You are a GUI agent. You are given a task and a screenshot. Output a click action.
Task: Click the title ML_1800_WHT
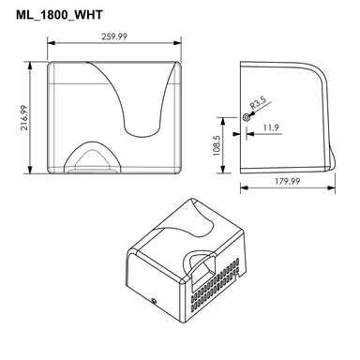(x=59, y=15)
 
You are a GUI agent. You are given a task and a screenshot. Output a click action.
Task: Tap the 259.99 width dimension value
(x=114, y=37)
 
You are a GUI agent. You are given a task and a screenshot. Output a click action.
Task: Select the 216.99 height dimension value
(x=24, y=117)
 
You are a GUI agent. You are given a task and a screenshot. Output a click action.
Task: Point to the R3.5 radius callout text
(x=257, y=103)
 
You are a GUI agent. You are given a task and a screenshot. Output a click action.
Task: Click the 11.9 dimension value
(x=271, y=127)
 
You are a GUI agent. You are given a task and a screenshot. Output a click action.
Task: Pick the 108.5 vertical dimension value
(x=217, y=145)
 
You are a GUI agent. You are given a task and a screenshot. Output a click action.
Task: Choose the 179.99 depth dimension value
(x=288, y=181)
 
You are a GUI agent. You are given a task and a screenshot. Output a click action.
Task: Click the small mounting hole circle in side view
(x=246, y=117)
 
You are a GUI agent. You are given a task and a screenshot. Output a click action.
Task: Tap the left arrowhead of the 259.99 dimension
(x=51, y=42)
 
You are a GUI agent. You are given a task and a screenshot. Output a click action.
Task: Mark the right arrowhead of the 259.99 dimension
(x=177, y=42)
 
